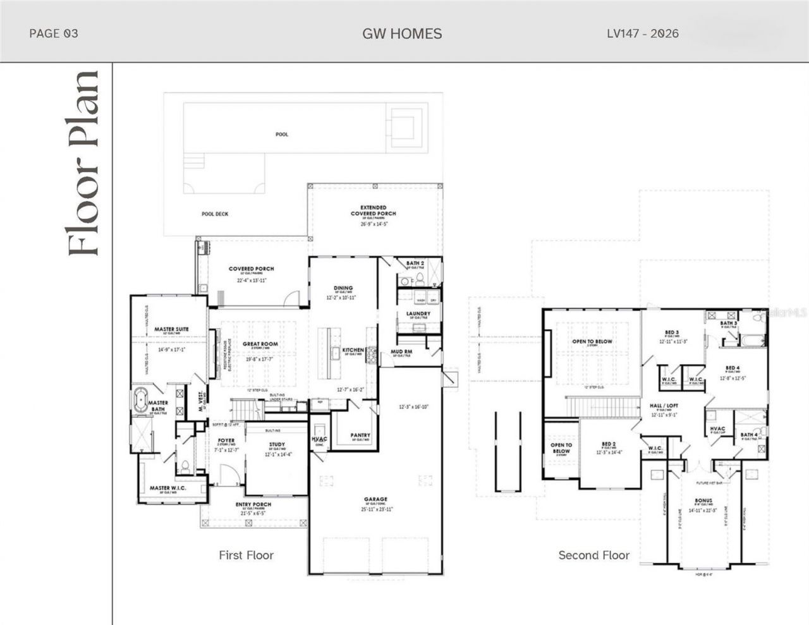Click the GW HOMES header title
[402, 33]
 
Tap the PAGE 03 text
[54, 33]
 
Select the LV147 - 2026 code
[643, 33]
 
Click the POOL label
[282, 135]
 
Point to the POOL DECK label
[215, 214]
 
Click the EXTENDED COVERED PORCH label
[374, 210]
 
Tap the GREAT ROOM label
[260, 344]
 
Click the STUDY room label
[277, 444]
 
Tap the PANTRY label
[360, 435]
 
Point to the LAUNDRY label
[418, 313]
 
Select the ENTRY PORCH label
[253, 504]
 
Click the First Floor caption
[246, 555]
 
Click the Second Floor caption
[593, 555]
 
